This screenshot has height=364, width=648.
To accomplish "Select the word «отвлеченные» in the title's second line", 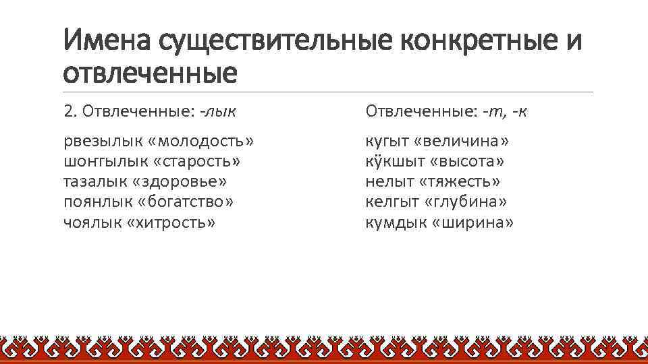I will (x=150, y=72).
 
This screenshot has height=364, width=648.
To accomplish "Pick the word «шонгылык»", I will (x=99, y=161).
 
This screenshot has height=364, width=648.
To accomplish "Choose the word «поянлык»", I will (x=95, y=202).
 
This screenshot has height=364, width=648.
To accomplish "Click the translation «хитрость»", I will (x=171, y=222).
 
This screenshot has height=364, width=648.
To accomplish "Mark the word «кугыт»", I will (x=387, y=141).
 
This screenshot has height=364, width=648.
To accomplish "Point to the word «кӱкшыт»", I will (x=391, y=161).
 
